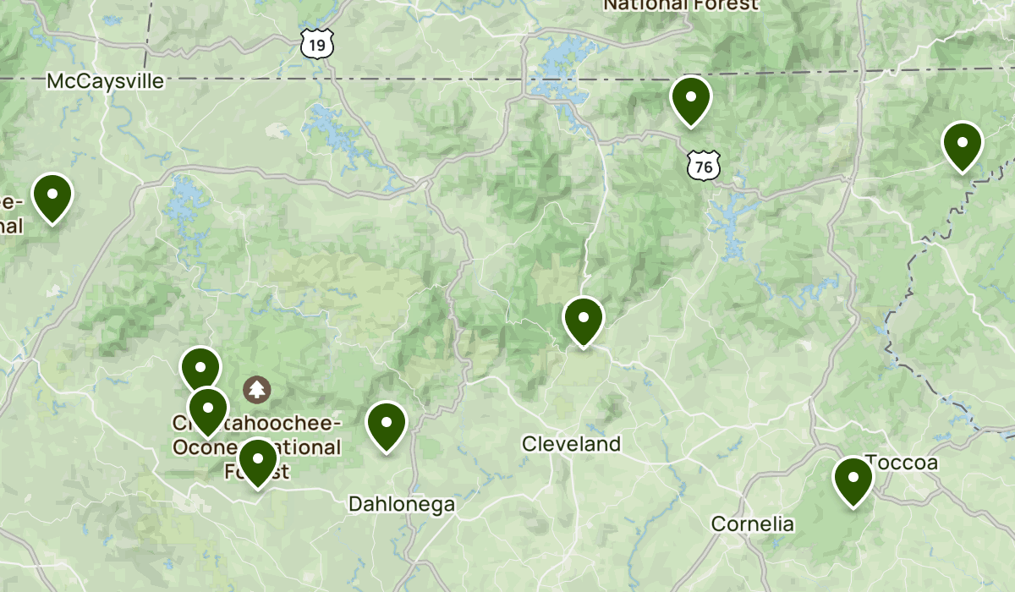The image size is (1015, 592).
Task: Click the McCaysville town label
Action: click(x=105, y=81)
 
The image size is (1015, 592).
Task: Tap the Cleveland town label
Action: click(x=571, y=443)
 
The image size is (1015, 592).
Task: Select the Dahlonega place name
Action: click(x=402, y=504)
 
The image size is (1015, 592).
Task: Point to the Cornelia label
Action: click(x=753, y=523)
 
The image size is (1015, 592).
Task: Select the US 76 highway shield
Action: click(x=704, y=166)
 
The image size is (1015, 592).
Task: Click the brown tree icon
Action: click(x=255, y=389)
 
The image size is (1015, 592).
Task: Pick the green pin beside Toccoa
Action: click(x=853, y=479)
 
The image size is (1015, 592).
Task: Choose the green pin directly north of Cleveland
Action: click(x=584, y=320)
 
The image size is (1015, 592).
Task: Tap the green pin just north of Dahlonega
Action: click(x=387, y=424)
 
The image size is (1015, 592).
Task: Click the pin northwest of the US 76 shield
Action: click(x=691, y=98)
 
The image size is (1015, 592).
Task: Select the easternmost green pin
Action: click(x=962, y=144)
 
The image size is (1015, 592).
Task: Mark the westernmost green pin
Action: click(x=52, y=195)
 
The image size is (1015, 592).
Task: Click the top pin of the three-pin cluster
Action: click(x=200, y=370)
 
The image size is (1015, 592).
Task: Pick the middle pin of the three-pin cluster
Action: click(x=207, y=409)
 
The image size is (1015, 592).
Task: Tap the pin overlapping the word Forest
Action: click(x=257, y=461)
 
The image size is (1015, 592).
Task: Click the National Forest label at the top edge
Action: click(x=681, y=5)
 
